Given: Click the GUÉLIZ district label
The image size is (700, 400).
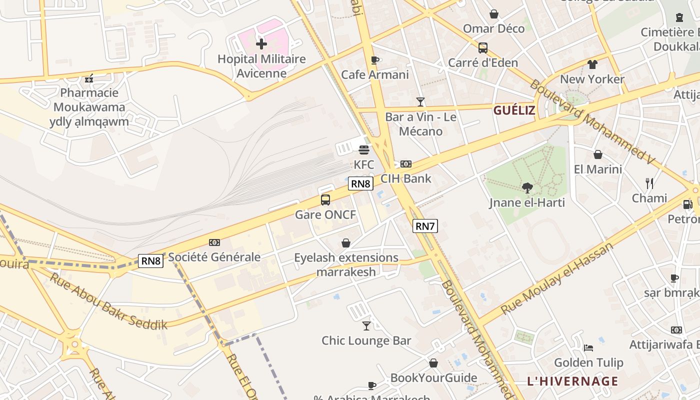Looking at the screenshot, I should pyautogui.click(x=514, y=110).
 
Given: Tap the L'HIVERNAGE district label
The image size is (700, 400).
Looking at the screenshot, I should pyautogui.click(x=572, y=381).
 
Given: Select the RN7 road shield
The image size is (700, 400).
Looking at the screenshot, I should pyautogui.click(x=425, y=226).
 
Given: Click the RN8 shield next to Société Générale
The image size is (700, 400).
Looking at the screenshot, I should pyautogui.click(x=150, y=260).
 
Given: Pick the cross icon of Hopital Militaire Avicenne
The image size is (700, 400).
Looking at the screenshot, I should pyautogui.click(x=261, y=44).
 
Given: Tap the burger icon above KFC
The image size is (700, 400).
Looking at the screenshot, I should pyautogui.click(x=364, y=149).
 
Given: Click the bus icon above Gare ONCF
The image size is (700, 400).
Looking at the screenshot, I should pyautogui.click(x=325, y=200).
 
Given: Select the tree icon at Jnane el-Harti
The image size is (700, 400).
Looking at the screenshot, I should pyautogui.click(x=527, y=188).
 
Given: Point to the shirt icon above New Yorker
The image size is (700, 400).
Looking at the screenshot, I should pyautogui.click(x=592, y=64).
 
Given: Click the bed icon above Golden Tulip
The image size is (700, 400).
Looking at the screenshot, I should pyautogui.click(x=588, y=347).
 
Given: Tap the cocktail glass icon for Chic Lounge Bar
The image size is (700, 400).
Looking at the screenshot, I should pyautogui.click(x=366, y=325).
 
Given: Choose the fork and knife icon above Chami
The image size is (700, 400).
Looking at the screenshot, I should pyautogui.click(x=649, y=183).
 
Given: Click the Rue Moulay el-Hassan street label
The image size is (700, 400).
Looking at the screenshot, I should pyautogui.click(x=556, y=278).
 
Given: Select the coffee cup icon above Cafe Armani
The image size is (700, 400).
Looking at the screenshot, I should pyautogui.click(x=374, y=60).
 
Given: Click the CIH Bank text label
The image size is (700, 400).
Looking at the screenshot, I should pyautogui.click(x=405, y=178).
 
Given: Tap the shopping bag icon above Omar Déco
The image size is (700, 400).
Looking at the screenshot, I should pyautogui.click(x=494, y=14).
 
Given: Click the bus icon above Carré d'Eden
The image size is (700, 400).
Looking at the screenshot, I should pyautogui.click(x=483, y=48).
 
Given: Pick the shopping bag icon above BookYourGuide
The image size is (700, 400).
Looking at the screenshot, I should pyautogui.click(x=433, y=363).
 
